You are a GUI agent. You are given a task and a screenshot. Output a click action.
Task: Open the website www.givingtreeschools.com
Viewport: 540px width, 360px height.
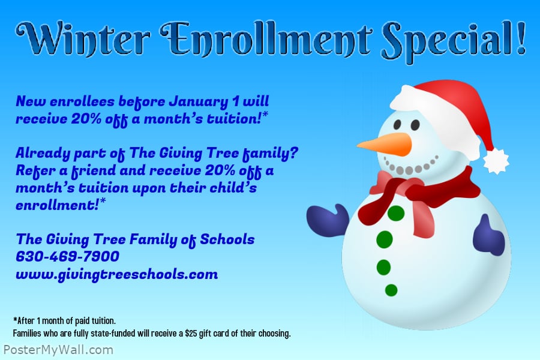click(x=116, y=275)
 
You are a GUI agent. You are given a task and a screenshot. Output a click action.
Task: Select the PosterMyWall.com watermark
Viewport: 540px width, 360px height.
click(x=58, y=349)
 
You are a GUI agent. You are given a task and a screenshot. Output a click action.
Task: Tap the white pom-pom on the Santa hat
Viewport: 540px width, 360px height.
click(x=496, y=160)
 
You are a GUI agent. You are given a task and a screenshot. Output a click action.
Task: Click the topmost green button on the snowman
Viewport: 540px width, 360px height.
click(x=396, y=213)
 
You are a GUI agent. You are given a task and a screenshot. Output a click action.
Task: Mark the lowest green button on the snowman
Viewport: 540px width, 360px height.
click(x=391, y=290)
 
